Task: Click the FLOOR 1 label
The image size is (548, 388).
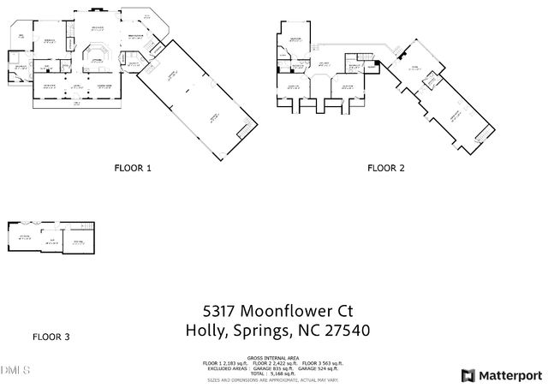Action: point(133,169)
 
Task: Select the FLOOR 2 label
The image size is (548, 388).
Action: point(386,169)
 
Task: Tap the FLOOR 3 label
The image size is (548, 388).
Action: point(51,337)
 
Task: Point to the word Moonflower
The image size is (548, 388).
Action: point(284,311)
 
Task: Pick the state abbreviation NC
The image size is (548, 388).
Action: point(308,331)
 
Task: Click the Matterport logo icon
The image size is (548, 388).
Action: point(468,375)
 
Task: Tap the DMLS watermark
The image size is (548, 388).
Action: point(15,371)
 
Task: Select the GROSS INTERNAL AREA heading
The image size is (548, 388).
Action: point(273,357)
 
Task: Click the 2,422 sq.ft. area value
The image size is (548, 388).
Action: point(283,363)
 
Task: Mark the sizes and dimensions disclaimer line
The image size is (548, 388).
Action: point(273,379)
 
